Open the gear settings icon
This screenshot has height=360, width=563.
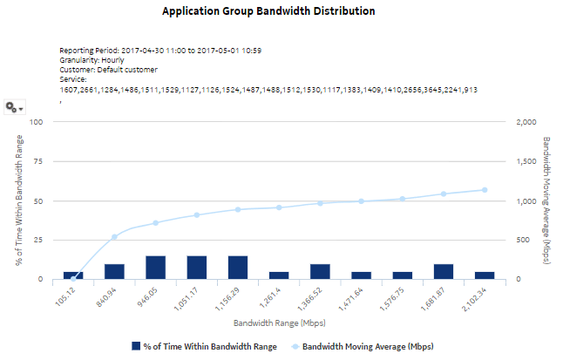(x=12, y=106)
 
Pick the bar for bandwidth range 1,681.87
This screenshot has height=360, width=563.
(x=444, y=272)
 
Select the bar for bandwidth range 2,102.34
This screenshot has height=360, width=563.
(x=485, y=275)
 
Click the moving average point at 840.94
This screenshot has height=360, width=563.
(x=114, y=237)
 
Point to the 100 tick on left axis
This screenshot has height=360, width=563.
(x=37, y=122)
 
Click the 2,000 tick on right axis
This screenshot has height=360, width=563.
(x=526, y=122)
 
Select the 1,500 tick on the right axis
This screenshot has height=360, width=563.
(x=526, y=161)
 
